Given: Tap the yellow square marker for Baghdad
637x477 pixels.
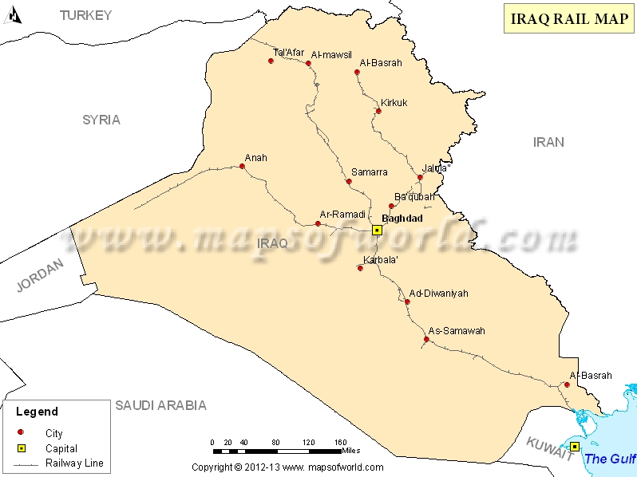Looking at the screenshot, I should (x=378, y=230).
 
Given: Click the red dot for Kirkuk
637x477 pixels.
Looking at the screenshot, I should (x=378, y=111).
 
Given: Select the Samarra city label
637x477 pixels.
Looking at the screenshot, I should (x=369, y=171).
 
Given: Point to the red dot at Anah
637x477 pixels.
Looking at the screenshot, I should (x=242, y=167).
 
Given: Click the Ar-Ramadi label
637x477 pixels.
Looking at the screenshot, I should (x=342, y=214).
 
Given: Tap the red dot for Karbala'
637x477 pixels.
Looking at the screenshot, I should (x=360, y=268).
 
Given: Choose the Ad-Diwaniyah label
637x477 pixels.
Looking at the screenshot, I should (x=438, y=293).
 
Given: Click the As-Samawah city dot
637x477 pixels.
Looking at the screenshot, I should (x=426, y=340).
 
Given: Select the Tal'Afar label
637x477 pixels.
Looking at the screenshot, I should (x=288, y=53).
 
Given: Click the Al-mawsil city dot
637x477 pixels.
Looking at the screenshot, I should (x=308, y=63).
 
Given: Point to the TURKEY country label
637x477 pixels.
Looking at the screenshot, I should (x=86, y=14).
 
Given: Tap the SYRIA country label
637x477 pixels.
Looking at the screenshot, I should (x=101, y=120).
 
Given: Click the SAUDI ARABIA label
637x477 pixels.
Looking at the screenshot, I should (x=160, y=405).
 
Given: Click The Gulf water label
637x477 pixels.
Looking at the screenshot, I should (x=610, y=459).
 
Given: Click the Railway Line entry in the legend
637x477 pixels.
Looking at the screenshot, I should (x=74, y=463).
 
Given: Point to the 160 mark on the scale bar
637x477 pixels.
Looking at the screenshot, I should (x=340, y=442).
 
